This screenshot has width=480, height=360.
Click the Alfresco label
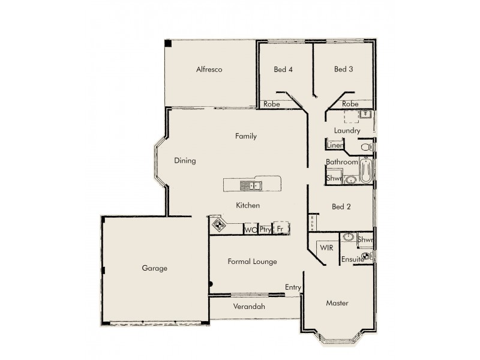(209, 70)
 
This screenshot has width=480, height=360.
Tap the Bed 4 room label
(283, 70)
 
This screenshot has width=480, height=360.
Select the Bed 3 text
(343, 70)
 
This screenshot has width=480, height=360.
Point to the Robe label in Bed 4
(272, 104)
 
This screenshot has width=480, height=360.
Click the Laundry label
(347, 131)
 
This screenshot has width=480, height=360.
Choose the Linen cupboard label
(335, 146)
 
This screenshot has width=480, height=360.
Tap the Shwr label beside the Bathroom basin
(333, 178)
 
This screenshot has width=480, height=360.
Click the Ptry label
(266, 229)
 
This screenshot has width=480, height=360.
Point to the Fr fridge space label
(280, 229)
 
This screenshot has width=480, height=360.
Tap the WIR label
(326, 247)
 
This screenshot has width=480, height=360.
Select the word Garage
(154, 268)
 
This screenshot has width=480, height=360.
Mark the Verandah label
(248, 307)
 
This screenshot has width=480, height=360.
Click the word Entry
(293, 288)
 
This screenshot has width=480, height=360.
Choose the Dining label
(185, 161)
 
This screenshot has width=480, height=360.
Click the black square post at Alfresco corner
(169, 44)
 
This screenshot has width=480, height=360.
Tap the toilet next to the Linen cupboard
(365, 146)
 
